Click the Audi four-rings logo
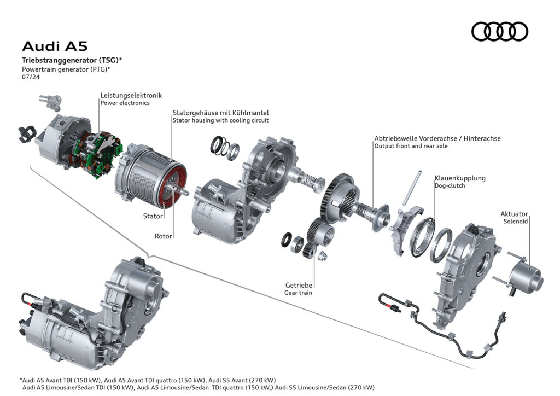coord(499,31)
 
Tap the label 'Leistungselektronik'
coord(131,95)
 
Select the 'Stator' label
coord(153,216)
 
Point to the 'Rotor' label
coord(163,236)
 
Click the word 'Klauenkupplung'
coord(460,178)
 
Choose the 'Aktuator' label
coord(514,214)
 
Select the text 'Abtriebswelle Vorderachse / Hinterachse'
coord(437,138)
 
